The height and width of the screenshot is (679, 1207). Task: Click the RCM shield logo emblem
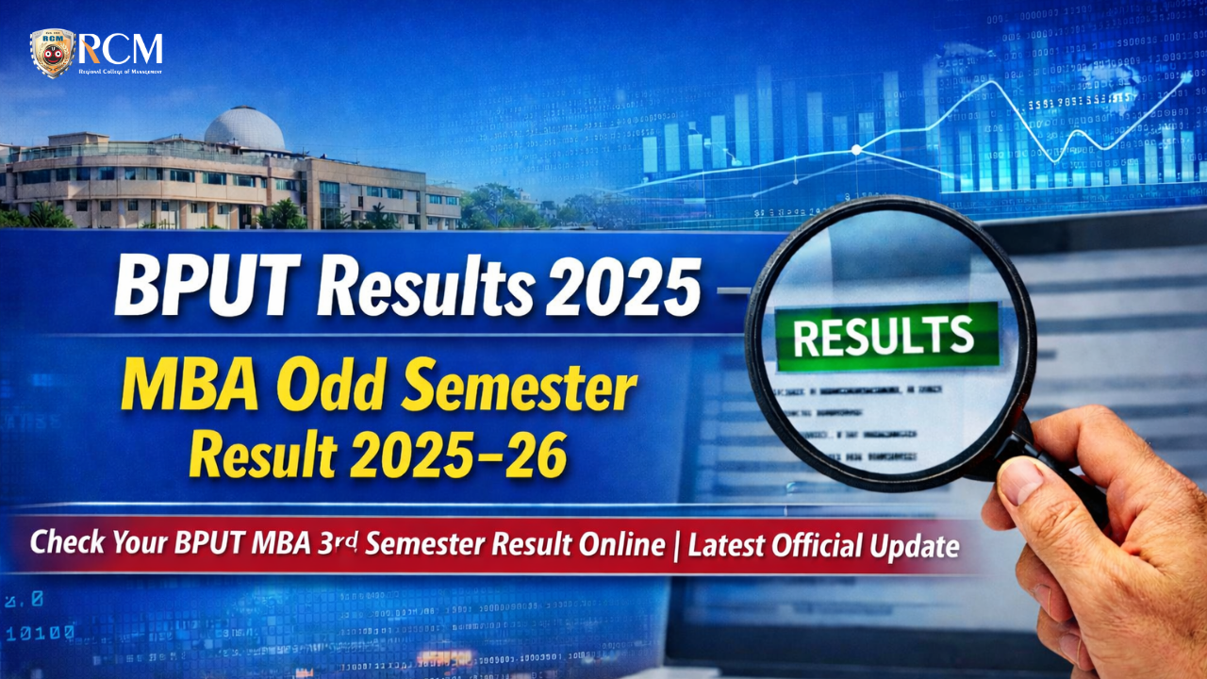pyautogui.click(x=52, y=53)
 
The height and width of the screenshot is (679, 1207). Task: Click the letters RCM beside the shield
pyautogui.click(x=122, y=48)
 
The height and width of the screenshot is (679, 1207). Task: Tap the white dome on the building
pyautogui.click(x=244, y=128)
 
